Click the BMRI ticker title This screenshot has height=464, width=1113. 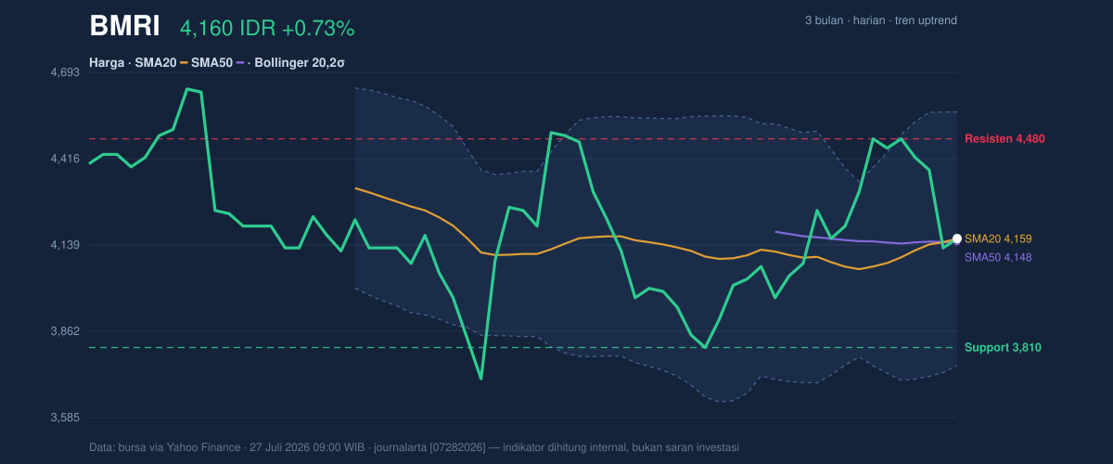click(x=124, y=26)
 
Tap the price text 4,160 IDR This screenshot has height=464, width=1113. click(x=228, y=29)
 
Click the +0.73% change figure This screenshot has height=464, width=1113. click(x=318, y=29)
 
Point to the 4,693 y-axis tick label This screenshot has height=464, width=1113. click(x=65, y=72)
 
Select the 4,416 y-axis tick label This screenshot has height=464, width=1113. click(x=65, y=159)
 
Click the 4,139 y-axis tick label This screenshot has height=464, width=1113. click(x=65, y=245)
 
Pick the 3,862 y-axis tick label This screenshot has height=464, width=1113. click(x=65, y=331)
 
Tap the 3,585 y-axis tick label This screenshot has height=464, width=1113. click(x=65, y=418)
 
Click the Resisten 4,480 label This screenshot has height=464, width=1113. click(x=1004, y=139)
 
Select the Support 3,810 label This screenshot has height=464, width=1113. click(x=1003, y=348)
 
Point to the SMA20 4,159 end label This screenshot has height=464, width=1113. click(x=998, y=238)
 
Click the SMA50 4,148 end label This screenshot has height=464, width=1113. click(x=998, y=258)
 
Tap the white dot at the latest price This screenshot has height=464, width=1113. click(x=957, y=238)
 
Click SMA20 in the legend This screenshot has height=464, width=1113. click(x=156, y=63)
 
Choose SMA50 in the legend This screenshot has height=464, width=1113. click(x=211, y=63)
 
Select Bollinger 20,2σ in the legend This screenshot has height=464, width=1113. click(x=299, y=63)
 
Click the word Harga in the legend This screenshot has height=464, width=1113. click(x=107, y=63)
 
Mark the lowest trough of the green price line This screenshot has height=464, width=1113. click(x=481, y=379)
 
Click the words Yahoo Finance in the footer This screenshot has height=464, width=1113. click(x=203, y=447)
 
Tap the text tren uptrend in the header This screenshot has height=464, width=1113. click(x=926, y=20)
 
